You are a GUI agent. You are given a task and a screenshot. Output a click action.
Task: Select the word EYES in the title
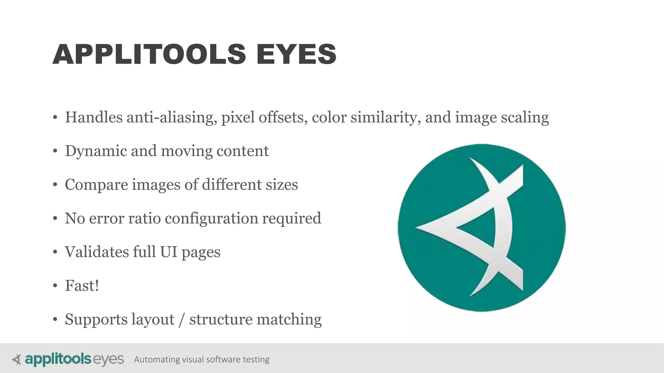coord(296,54)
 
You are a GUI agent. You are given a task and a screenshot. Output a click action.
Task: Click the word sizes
coord(281,185)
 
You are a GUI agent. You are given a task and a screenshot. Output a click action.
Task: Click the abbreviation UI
coord(169,252)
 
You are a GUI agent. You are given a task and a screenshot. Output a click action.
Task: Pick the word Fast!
coord(82,286)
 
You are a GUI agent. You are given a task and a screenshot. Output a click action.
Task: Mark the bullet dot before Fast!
coord(55,286)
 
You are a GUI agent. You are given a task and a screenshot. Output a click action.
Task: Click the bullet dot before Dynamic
coord(55,151)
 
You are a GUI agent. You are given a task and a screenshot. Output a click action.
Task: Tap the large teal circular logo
coord(481,228)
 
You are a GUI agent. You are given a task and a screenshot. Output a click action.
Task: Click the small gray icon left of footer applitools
coord(16,359)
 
